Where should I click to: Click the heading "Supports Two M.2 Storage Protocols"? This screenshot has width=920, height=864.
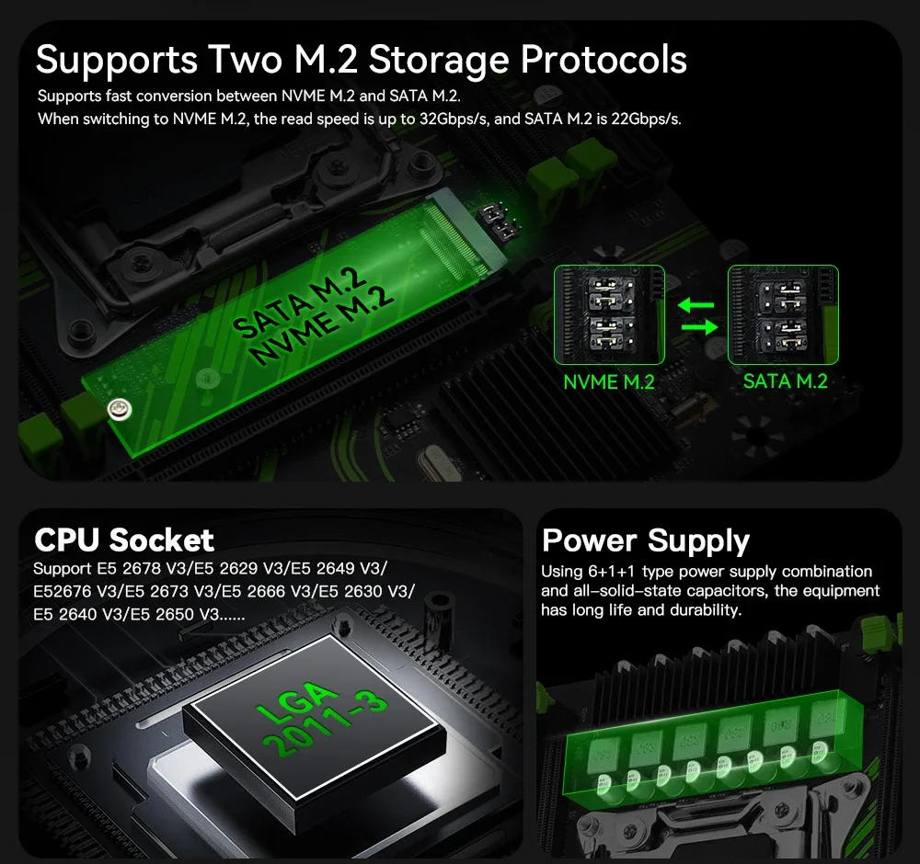(x=361, y=59)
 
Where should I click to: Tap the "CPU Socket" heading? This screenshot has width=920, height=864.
(x=123, y=539)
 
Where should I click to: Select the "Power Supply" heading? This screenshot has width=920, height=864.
(x=646, y=540)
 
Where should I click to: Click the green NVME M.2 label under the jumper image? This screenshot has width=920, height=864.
(x=608, y=381)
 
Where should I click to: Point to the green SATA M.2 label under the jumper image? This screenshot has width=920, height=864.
(x=785, y=381)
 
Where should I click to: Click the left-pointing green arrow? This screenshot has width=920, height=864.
(x=696, y=304)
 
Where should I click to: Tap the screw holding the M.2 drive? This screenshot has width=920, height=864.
(x=116, y=408)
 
